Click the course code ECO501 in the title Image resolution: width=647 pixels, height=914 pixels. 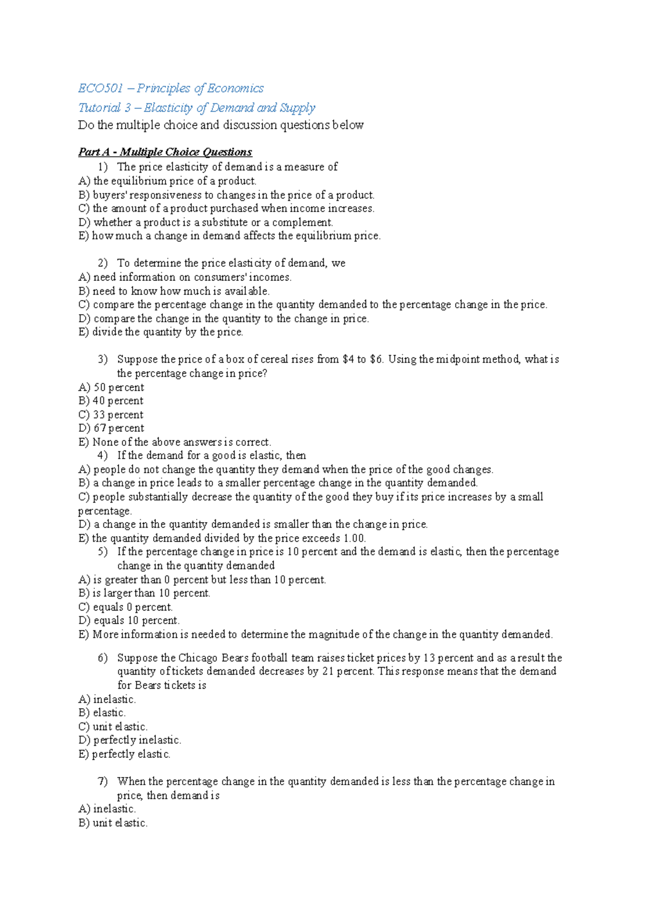pyautogui.click(x=101, y=88)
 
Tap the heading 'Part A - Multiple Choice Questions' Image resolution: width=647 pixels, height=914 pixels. pyautogui.click(x=165, y=152)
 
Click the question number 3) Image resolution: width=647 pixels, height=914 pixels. pyautogui.click(x=102, y=359)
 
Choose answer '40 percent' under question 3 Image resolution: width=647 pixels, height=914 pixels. pyautogui.click(x=111, y=401)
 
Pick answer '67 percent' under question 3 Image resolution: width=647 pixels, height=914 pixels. pyautogui.click(x=112, y=428)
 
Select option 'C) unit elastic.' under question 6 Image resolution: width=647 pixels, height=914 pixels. pyautogui.click(x=113, y=726)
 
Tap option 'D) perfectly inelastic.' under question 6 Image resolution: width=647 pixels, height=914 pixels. pyautogui.click(x=129, y=740)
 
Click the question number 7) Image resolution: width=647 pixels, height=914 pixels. pyautogui.click(x=102, y=781)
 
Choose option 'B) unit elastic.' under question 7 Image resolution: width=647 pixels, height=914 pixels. pyautogui.click(x=113, y=823)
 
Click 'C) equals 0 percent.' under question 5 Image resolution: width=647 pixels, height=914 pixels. pyautogui.click(x=126, y=607)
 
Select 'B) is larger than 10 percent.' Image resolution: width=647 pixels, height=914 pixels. pyautogui.click(x=144, y=593)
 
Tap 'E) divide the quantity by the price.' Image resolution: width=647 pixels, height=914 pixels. pyautogui.click(x=161, y=332)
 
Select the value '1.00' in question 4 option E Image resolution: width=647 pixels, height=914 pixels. pyautogui.click(x=354, y=538)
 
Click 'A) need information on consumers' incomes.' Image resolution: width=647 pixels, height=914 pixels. pyautogui.click(x=185, y=278)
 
